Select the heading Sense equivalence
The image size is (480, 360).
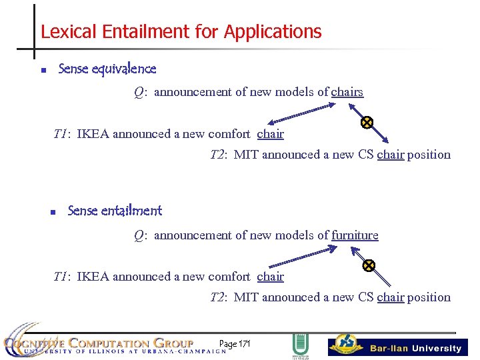point(107,69)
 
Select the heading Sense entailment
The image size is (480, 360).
point(115,211)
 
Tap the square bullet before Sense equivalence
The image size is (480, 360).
point(43,70)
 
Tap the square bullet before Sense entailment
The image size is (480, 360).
point(52,213)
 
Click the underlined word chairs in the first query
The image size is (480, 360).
point(347,92)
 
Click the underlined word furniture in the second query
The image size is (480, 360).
point(355,235)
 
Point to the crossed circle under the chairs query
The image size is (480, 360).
point(367,122)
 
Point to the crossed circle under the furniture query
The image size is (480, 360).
point(369,265)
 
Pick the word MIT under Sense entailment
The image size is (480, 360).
point(246,297)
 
